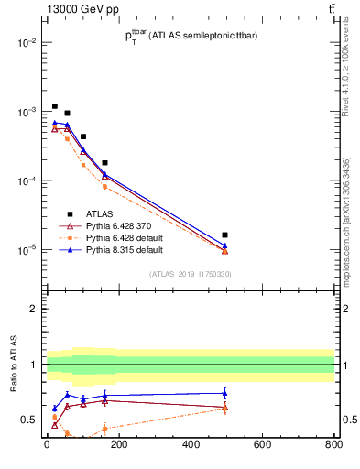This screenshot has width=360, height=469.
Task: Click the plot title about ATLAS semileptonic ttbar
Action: [197, 36]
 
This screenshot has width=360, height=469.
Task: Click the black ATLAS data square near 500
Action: [224, 235]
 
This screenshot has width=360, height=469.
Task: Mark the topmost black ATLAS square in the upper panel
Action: [55, 106]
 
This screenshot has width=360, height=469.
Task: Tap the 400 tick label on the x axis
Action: [190, 446]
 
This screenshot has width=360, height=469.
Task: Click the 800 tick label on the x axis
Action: [333, 446]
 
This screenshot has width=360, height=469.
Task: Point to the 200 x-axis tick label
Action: [118, 446]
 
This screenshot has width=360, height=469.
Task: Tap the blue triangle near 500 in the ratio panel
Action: [224, 393]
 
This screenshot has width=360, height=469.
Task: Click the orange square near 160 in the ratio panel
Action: [104, 429]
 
